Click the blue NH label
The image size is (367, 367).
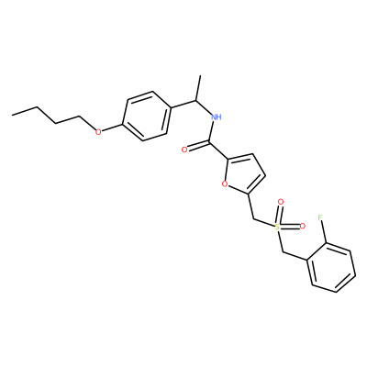coord(216,117)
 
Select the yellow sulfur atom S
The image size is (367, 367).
coord(277,227)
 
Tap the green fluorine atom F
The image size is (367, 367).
coord(320,217)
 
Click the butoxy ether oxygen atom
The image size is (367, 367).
coord(98,132)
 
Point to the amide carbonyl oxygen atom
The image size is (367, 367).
coord(184,150)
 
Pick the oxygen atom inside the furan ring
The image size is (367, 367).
coord(225,183)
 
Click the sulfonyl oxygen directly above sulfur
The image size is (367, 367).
coord(281,202)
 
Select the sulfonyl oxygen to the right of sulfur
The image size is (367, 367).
coord(303,227)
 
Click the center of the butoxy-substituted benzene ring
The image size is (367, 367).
coord(147,116)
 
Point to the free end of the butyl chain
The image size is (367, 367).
coord(12,115)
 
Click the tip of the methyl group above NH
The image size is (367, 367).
coord(200,75)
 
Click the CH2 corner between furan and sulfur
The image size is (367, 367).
coord(254,219)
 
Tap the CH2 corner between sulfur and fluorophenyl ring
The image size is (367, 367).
coord(284,252)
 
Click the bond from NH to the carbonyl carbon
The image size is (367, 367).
coord(212,131)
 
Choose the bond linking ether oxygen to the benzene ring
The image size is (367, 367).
coord(112,128)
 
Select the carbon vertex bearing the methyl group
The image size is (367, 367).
coord(195,100)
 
